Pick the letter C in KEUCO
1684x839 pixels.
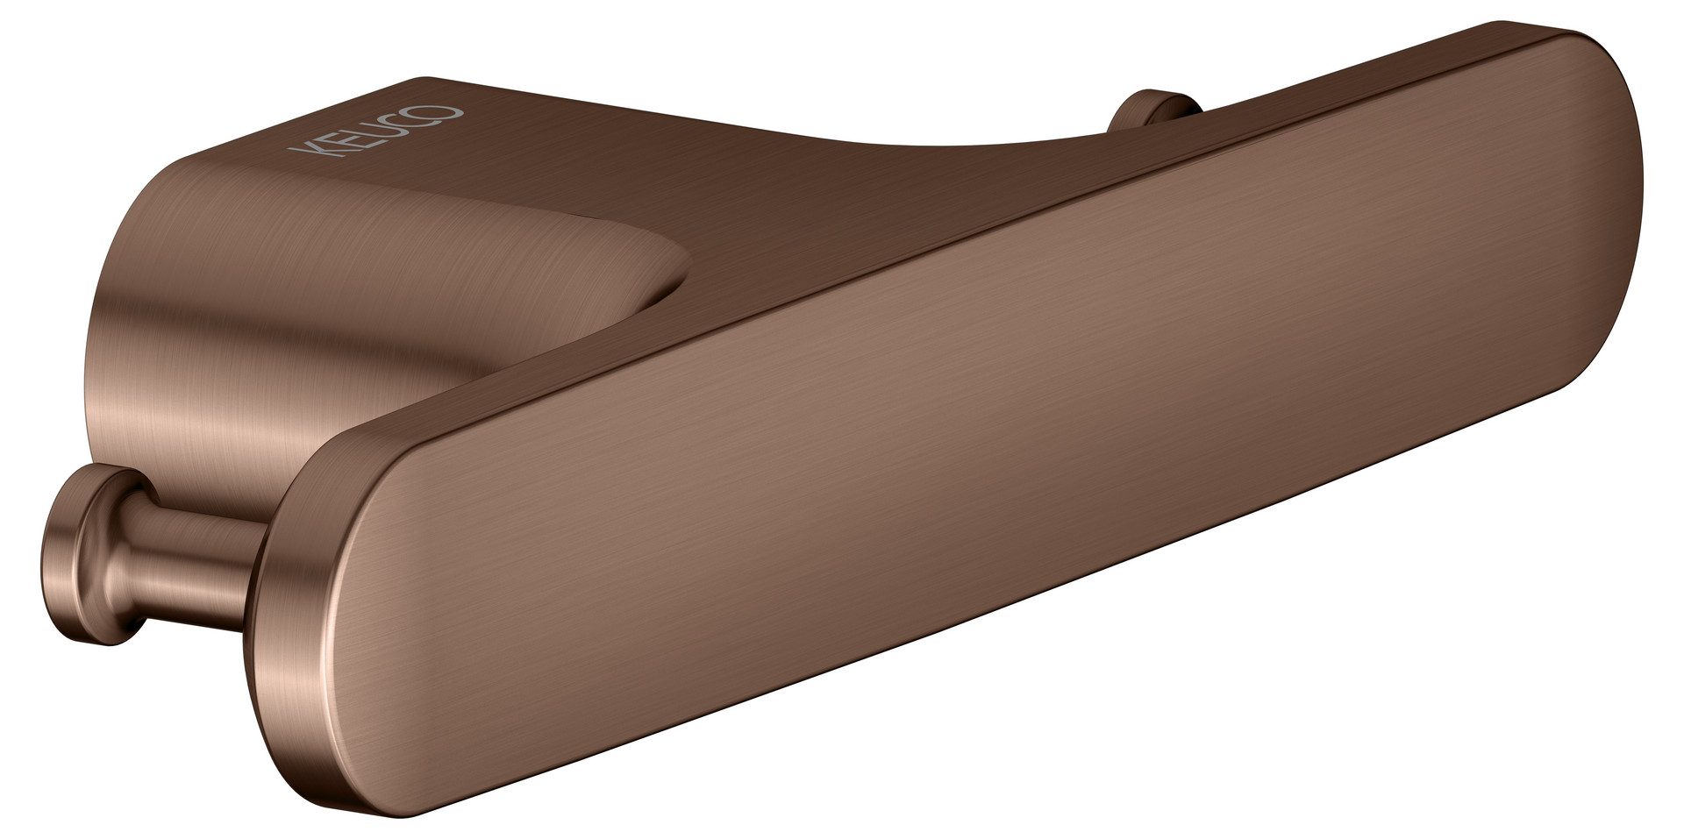[x=410, y=123]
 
